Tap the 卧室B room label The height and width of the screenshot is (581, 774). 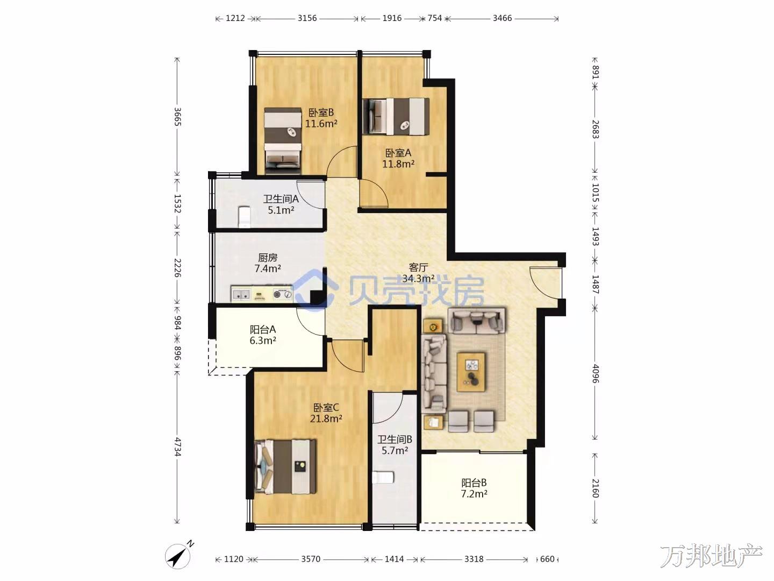click(321, 112)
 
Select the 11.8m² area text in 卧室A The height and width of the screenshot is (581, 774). click(398, 164)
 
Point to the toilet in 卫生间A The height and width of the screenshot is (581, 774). click(244, 217)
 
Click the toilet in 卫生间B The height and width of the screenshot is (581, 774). click(383, 477)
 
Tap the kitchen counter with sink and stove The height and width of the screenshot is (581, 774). click(262, 294)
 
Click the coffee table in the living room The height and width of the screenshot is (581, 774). click(471, 372)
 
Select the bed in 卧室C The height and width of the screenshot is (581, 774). click(285, 466)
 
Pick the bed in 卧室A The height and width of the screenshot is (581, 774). click(396, 116)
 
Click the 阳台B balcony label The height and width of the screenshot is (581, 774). click(474, 483)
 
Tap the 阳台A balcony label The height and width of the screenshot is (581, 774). click(263, 329)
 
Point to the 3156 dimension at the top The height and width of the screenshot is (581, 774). click(307, 18)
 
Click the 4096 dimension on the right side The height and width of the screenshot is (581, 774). click(595, 373)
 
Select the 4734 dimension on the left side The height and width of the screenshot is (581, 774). click(177, 447)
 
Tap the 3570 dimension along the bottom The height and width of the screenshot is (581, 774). click(311, 559)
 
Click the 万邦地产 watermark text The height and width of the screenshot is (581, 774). click(711, 556)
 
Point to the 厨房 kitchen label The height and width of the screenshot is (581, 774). click(268, 258)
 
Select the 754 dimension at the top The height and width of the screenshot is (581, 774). click(435, 18)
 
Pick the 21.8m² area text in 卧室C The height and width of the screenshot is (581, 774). click(326, 419)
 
